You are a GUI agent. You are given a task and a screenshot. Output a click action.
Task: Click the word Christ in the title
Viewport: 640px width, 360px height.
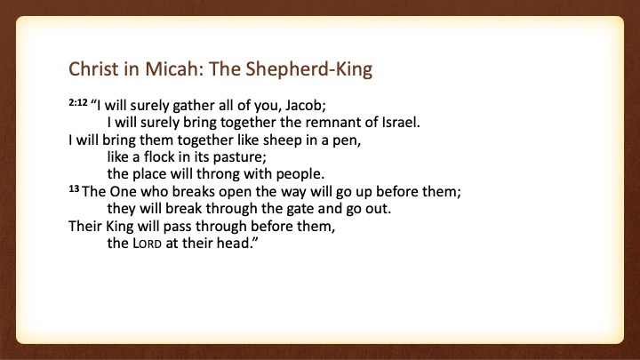[93, 68]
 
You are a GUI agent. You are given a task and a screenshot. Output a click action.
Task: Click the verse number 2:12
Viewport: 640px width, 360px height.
[78, 102]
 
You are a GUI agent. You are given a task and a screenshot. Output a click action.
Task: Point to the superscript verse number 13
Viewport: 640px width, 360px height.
[74, 188]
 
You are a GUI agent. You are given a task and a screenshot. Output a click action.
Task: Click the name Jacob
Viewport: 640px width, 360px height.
[305, 105]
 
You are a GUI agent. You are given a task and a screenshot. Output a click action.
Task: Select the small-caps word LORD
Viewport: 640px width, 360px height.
[147, 244]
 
